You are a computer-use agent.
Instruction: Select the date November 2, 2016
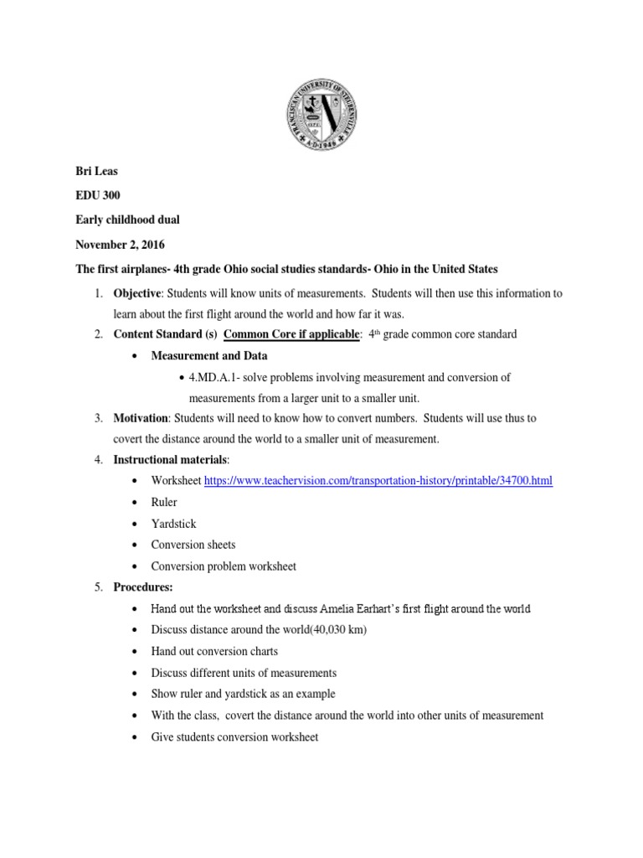pyautogui.click(x=121, y=246)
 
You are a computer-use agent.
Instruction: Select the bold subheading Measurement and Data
pyautogui.click(x=208, y=356)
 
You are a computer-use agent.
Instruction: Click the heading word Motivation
pyautogui.click(x=141, y=418)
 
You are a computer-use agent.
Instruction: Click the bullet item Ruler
pyautogui.click(x=166, y=502)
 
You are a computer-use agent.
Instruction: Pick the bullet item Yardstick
pyautogui.click(x=173, y=524)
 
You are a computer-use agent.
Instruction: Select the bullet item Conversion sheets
pyautogui.click(x=193, y=545)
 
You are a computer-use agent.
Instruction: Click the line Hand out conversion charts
pyautogui.click(x=214, y=651)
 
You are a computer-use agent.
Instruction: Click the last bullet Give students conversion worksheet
pyautogui.click(x=234, y=737)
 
